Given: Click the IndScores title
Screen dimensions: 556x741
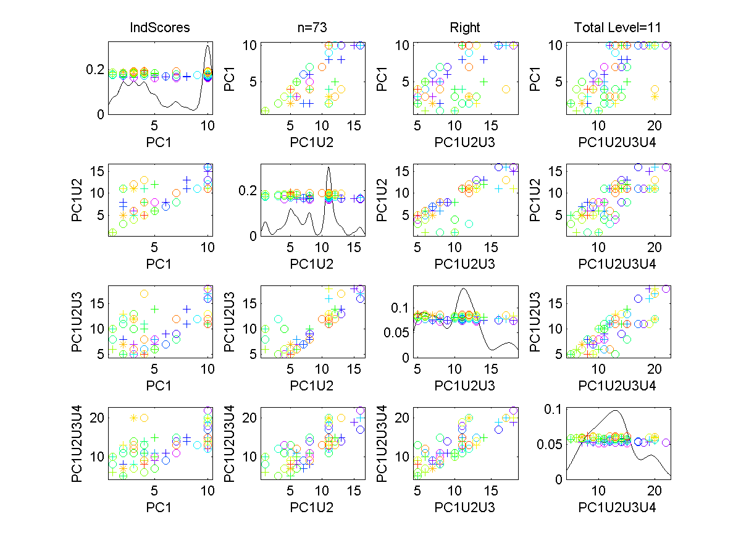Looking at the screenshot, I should click(159, 28).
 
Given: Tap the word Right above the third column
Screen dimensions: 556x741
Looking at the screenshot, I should click(465, 28).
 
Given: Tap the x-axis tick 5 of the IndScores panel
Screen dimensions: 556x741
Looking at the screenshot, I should click(155, 124).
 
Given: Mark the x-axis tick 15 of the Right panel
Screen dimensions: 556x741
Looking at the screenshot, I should click(491, 124).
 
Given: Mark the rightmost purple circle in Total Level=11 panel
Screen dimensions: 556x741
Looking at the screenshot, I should click(666, 45).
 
